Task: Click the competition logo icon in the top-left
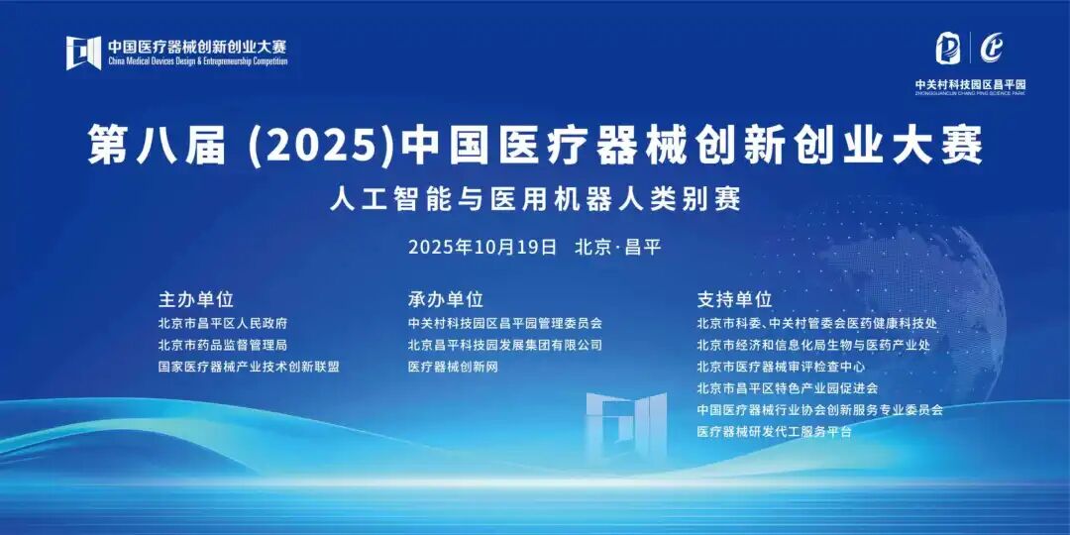pyautogui.click(x=83, y=53)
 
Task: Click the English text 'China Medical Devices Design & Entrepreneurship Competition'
pyautogui.click(x=197, y=61)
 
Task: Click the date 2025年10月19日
pyautogui.click(x=482, y=247)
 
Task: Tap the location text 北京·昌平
pyautogui.click(x=617, y=247)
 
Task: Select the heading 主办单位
pyautogui.click(x=195, y=298)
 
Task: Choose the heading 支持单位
pyautogui.click(x=734, y=298)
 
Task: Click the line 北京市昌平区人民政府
pyautogui.click(x=223, y=323)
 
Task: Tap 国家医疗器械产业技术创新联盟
pyautogui.click(x=249, y=367)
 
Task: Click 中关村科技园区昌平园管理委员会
pyautogui.click(x=504, y=323)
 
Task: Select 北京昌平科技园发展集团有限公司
pyautogui.click(x=504, y=345)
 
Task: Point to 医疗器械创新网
pyautogui.click(x=453, y=367)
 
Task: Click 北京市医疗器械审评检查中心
pyautogui.click(x=781, y=367)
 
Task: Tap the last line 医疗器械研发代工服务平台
pyautogui.click(x=774, y=431)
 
